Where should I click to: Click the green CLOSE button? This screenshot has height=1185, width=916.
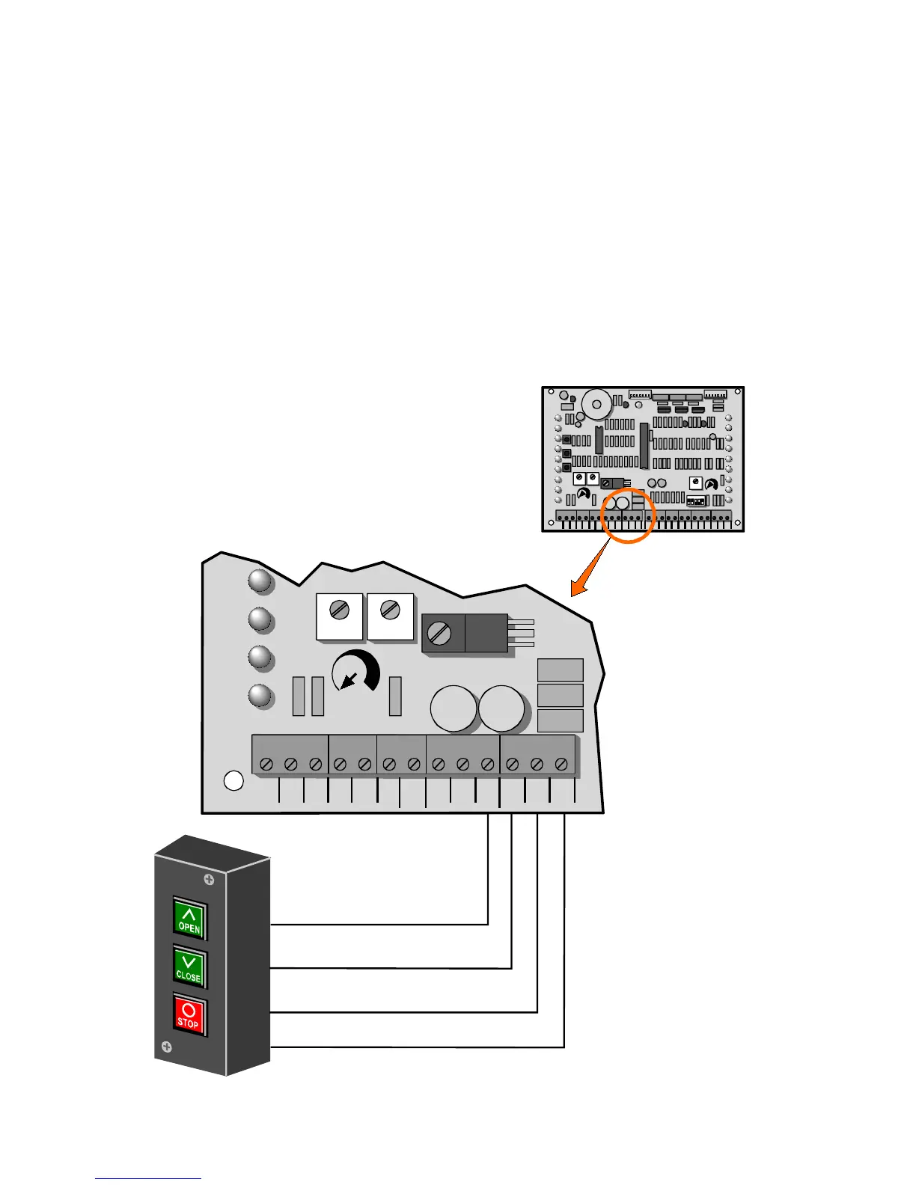click(x=189, y=967)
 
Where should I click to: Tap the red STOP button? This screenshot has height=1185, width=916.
click(x=189, y=1014)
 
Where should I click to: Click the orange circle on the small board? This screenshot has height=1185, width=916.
click(x=628, y=515)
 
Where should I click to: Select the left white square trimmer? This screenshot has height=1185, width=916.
click(x=340, y=616)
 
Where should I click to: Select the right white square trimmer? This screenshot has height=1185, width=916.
click(x=390, y=616)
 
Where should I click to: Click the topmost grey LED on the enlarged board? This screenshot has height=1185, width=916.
click(x=260, y=581)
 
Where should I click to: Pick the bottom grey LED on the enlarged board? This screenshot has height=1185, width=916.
click(x=260, y=695)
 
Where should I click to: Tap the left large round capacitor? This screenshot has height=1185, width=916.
click(x=454, y=709)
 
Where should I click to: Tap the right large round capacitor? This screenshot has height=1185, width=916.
click(x=501, y=709)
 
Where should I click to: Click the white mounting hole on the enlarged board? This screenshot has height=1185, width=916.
click(x=234, y=780)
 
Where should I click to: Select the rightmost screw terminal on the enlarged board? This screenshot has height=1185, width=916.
click(x=561, y=765)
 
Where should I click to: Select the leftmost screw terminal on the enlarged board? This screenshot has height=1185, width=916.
click(x=267, y=765)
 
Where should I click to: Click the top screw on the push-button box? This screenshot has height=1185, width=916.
click(x=210, y=880)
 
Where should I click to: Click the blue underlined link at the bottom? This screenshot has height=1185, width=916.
click(x=148, y=1179)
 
